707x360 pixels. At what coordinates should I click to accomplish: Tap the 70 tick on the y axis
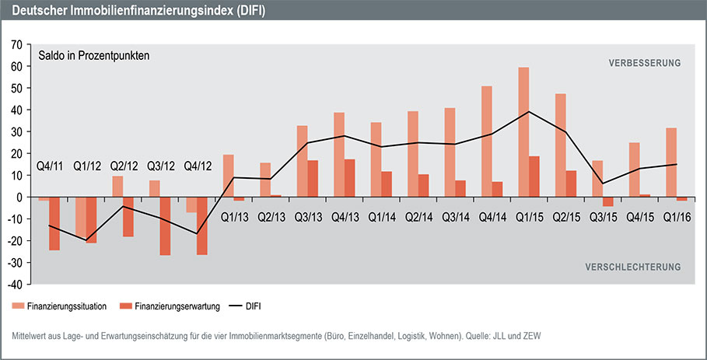[16, 45]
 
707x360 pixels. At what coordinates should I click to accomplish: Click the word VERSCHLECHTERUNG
[632, 267]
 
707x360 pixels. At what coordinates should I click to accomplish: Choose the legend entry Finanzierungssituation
[67, 306]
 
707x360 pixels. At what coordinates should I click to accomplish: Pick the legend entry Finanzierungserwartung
[172, 306]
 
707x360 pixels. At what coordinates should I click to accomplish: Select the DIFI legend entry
[251, 306]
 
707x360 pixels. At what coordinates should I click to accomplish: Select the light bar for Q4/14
[487, 142]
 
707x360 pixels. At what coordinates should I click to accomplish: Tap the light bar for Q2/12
[118, 187]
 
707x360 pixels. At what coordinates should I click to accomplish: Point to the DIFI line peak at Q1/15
[529, 111]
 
